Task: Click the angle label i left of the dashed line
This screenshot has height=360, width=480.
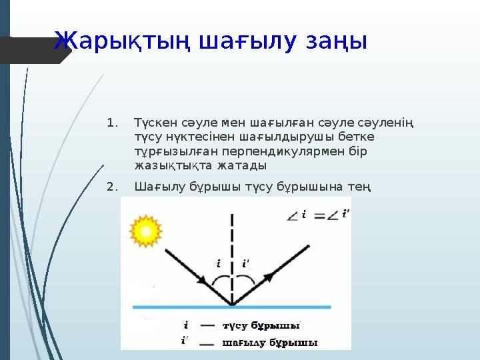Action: (219, 263)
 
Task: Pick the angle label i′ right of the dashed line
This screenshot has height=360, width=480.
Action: (246, 263)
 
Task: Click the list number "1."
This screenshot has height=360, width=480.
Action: (112, 123)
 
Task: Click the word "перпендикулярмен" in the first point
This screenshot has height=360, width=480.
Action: (266, 151)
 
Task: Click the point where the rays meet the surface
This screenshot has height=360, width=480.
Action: (232, 305)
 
